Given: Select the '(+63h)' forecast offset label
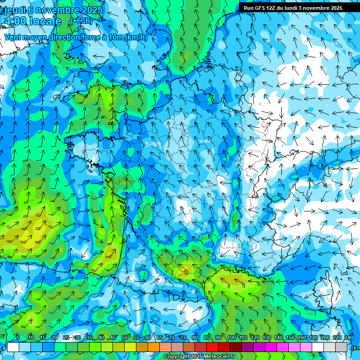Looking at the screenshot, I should coord(81,21).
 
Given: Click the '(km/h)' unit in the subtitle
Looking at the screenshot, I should coord(136,37).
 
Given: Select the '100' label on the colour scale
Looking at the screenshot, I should coord(231,337).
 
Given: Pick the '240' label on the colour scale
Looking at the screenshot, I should coord(349,337).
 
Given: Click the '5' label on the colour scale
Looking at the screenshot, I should coord(18,337).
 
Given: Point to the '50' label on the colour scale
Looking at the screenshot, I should coord(124,337).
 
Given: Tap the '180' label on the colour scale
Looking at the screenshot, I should coord(313,337).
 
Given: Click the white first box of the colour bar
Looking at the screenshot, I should coord(13,347).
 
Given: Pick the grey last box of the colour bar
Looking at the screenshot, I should coord(341,347).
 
